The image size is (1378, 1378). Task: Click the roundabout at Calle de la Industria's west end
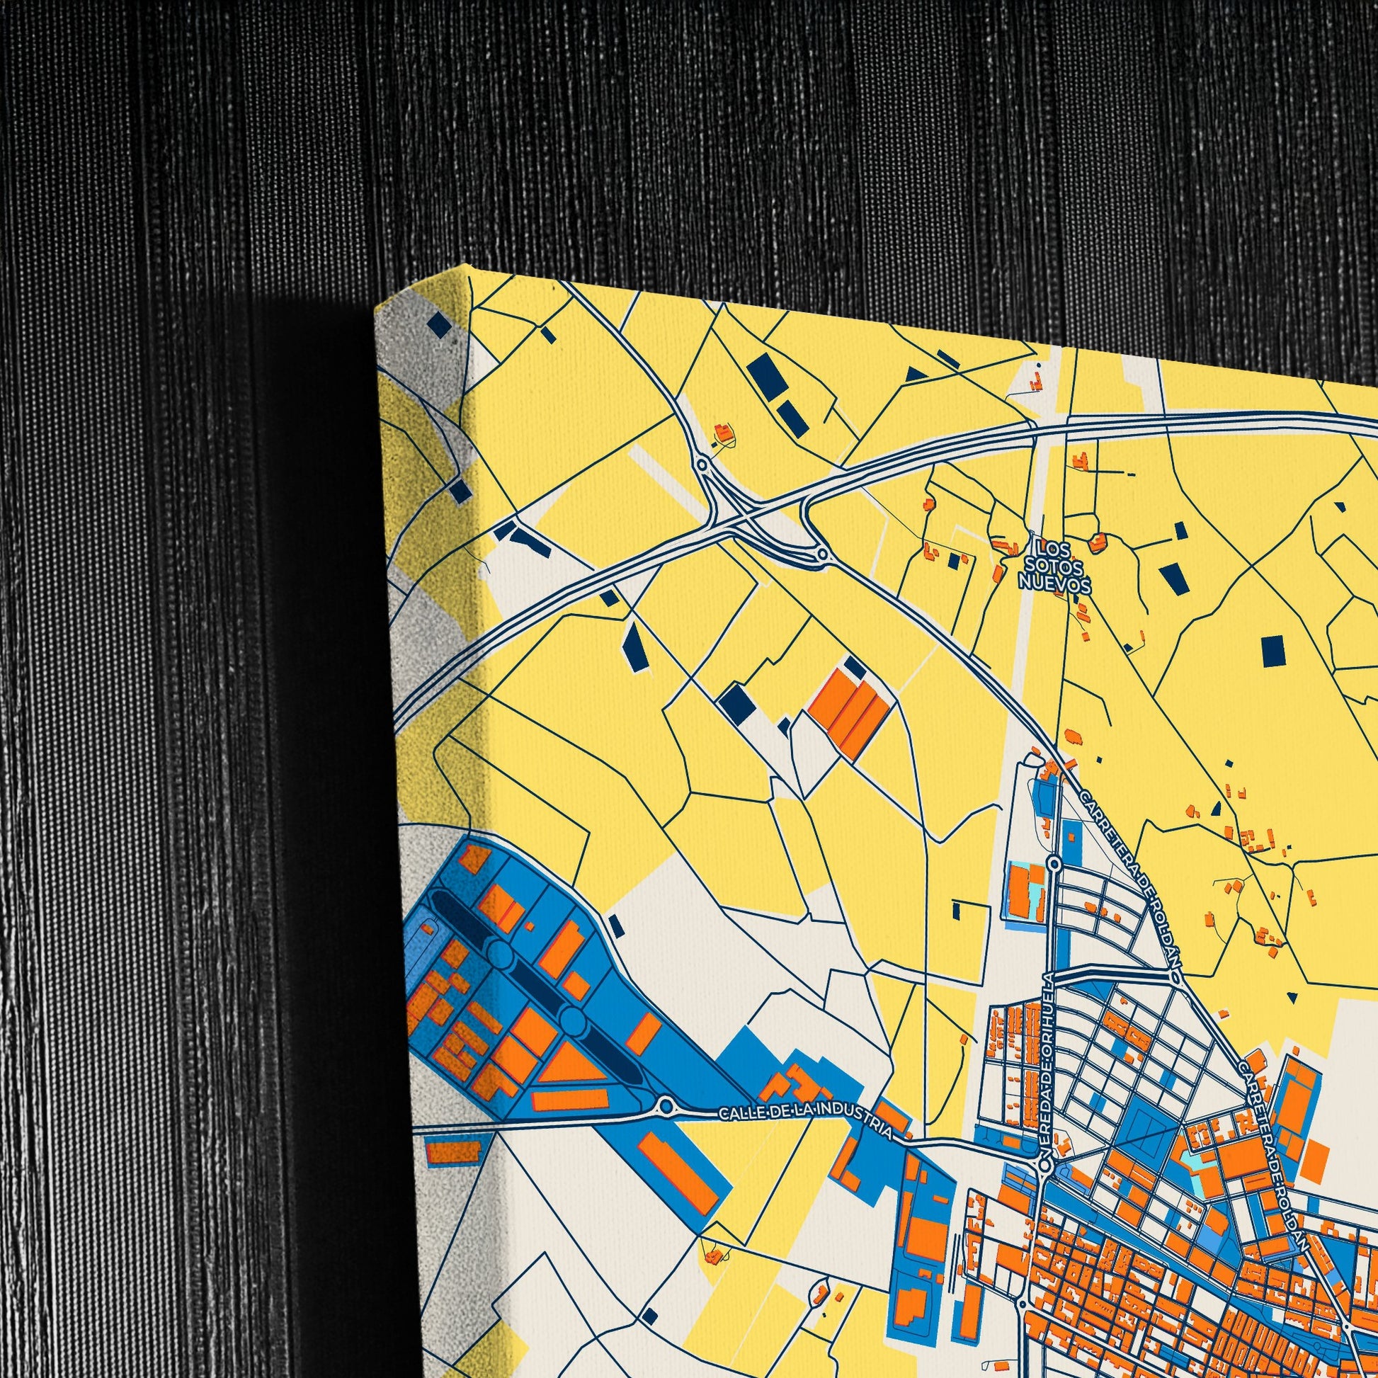[666, 1105]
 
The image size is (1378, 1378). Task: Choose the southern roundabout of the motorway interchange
[821, 554]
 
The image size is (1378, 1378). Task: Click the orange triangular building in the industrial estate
[567, 1070]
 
